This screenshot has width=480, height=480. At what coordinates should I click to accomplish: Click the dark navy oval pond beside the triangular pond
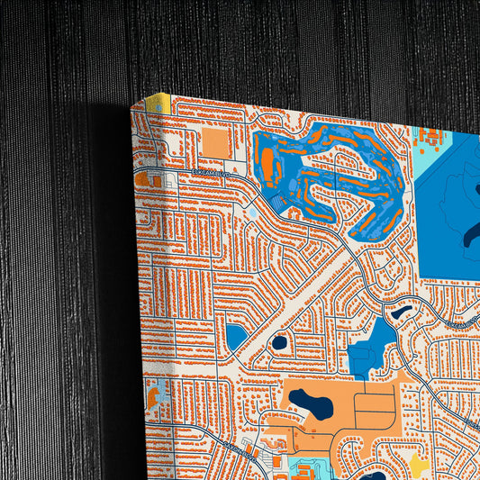click(x=279, y=342)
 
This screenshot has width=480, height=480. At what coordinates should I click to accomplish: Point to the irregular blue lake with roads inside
click(x=374, y=346)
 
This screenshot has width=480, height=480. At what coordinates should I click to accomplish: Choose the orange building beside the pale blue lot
click(x=143, y=180)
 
